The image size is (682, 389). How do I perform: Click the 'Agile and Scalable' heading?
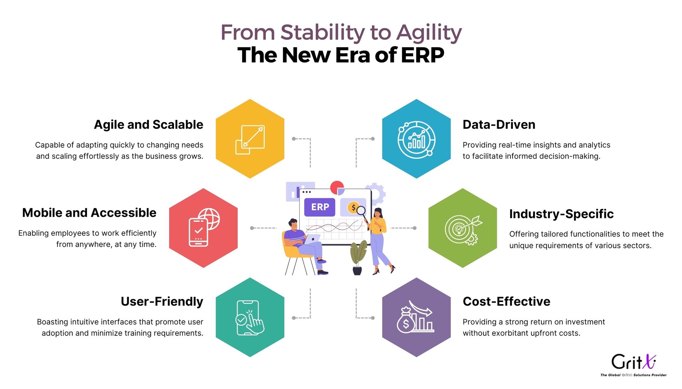click(148, 125)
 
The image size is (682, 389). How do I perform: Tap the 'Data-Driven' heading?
click(499, 125)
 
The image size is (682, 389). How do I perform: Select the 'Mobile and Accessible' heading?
click(89, 213)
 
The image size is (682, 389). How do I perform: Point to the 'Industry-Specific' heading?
click(561, 214)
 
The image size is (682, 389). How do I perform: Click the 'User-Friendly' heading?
click(162, 301)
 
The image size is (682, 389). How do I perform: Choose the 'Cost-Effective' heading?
click(507, 301)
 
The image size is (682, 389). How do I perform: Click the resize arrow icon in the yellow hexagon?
click(250, 139)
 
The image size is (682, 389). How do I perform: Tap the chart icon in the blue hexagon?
click(416, 139)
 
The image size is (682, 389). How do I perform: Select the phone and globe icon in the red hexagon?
click(204, 227)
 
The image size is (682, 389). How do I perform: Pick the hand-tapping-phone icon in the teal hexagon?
click(250, 318)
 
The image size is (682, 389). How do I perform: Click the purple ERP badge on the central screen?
click(320, 207)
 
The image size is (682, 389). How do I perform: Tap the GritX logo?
click(633, 365)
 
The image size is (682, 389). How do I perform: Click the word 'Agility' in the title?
click(429, 33)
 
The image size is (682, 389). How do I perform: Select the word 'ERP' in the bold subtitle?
click(423, 55)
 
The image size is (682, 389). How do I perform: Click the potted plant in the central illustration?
click(358, 258)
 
